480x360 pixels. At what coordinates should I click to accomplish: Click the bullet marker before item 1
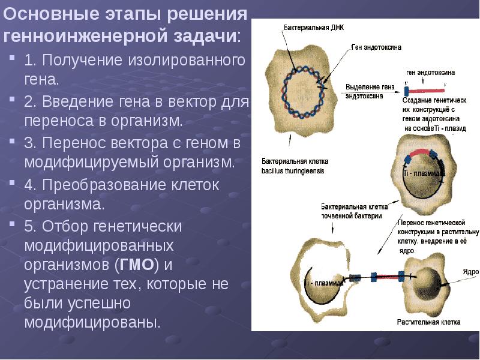coord(13,59)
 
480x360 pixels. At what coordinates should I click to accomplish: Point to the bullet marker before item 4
coord(13,185)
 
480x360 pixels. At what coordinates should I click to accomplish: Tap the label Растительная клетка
coord(428,322)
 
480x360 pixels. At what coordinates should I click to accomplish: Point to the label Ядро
coord(470,271)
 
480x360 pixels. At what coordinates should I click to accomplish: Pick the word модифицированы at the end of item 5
coord(92,322)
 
